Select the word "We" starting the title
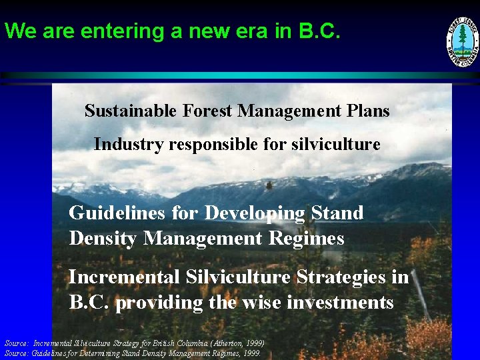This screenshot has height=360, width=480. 18,31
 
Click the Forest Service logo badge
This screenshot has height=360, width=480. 462,42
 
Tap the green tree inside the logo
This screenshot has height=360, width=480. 462,39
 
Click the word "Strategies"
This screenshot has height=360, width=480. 334,277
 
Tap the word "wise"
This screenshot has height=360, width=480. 264,302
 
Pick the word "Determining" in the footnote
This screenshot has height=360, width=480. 99,353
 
